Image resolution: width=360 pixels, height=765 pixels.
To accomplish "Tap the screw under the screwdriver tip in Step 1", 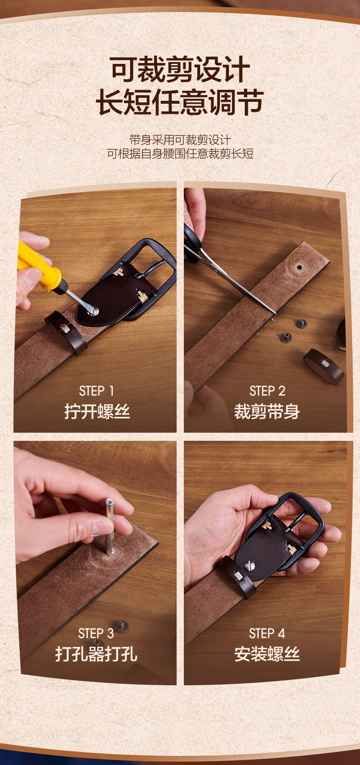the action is [x=93, y=311].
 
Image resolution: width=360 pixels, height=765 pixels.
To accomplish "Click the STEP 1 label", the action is [x=96, y=391].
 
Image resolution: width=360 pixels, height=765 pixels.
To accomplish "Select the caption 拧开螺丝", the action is [x=97, y=411].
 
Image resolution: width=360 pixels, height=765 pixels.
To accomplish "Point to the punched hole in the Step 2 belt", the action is [x=300, y=267].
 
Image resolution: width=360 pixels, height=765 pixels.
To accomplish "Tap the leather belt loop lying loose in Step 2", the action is [x=324, y=365].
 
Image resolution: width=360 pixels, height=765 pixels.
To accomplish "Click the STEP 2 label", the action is [x=267, y=391].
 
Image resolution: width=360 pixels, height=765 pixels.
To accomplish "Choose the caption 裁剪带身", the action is [x=267, y=411].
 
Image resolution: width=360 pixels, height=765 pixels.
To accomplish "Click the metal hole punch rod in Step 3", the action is [x=109, y=526].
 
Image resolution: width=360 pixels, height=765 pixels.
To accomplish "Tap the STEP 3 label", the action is [x=96, y=633].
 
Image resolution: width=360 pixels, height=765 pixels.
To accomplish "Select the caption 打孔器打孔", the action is [x=96, y=654].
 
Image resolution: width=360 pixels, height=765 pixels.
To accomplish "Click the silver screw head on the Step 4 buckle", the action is [x=250, y=566].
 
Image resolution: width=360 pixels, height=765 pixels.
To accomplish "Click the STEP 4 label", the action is [x=267, y=633].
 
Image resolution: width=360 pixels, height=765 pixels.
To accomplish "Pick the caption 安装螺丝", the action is [x=267, y=654].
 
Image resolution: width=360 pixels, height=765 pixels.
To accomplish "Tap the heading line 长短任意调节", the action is [x=180, y=102].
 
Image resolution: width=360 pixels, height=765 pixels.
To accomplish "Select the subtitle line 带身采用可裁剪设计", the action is [x=180, y=140].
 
